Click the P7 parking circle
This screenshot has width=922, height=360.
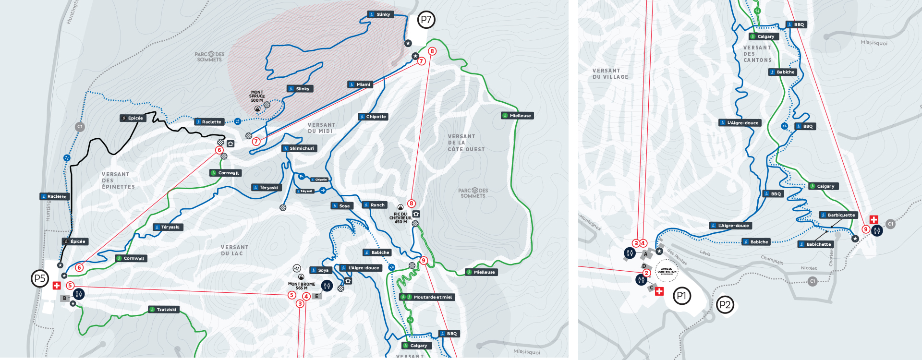[426, 20]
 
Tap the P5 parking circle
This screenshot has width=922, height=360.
[40, 278]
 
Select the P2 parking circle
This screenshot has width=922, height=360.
[725, 305]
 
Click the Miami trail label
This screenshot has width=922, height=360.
[360, 84]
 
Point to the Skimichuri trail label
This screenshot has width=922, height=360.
[299, 148]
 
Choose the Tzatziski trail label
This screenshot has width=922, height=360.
[163, 310]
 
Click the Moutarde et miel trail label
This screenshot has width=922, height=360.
[429, 297]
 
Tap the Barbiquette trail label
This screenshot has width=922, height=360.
[838, 215]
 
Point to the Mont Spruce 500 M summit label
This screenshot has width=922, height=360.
[257, 96]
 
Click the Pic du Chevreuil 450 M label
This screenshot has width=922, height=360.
[400, 218]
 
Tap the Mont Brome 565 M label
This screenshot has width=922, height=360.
[302, 286]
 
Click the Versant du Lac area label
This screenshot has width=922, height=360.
[235, 250]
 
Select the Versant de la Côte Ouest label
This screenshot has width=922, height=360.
[466, 143]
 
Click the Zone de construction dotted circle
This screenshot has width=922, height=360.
[667, 271]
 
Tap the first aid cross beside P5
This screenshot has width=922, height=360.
[57, 286]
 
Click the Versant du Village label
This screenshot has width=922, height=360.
[610, 73]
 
